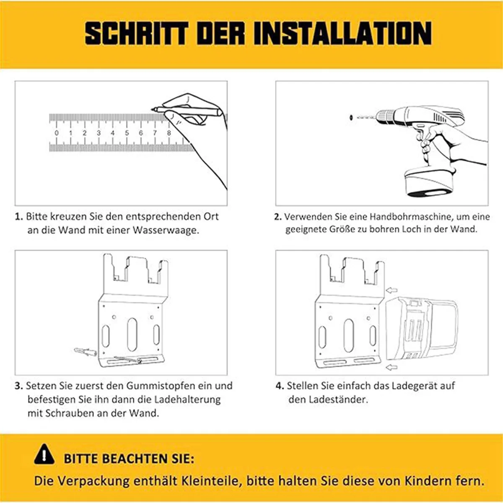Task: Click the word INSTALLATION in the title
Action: click(343, 33)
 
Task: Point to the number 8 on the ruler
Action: click(169, 133)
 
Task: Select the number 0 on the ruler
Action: click(57, 133)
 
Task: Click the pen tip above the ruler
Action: click(154, 109)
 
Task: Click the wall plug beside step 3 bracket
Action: click(84, 351)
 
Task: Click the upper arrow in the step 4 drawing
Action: click(392, 290)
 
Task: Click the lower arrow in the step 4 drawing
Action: click(391, 368)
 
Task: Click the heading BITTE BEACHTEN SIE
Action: click(129, 459)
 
